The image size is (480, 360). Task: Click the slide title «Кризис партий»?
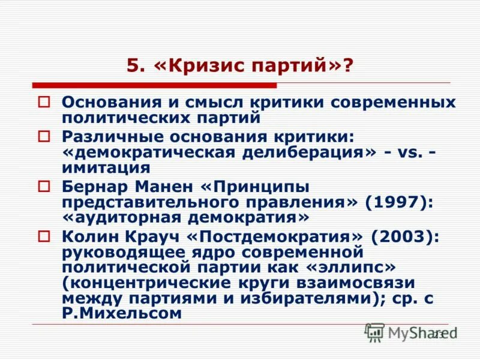[x=240, y=64]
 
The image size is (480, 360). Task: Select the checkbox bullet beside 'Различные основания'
[x=43, y=136]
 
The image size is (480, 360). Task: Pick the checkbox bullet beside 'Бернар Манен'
[x=43, y=186]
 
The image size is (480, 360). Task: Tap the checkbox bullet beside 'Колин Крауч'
[x=43, y=236]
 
